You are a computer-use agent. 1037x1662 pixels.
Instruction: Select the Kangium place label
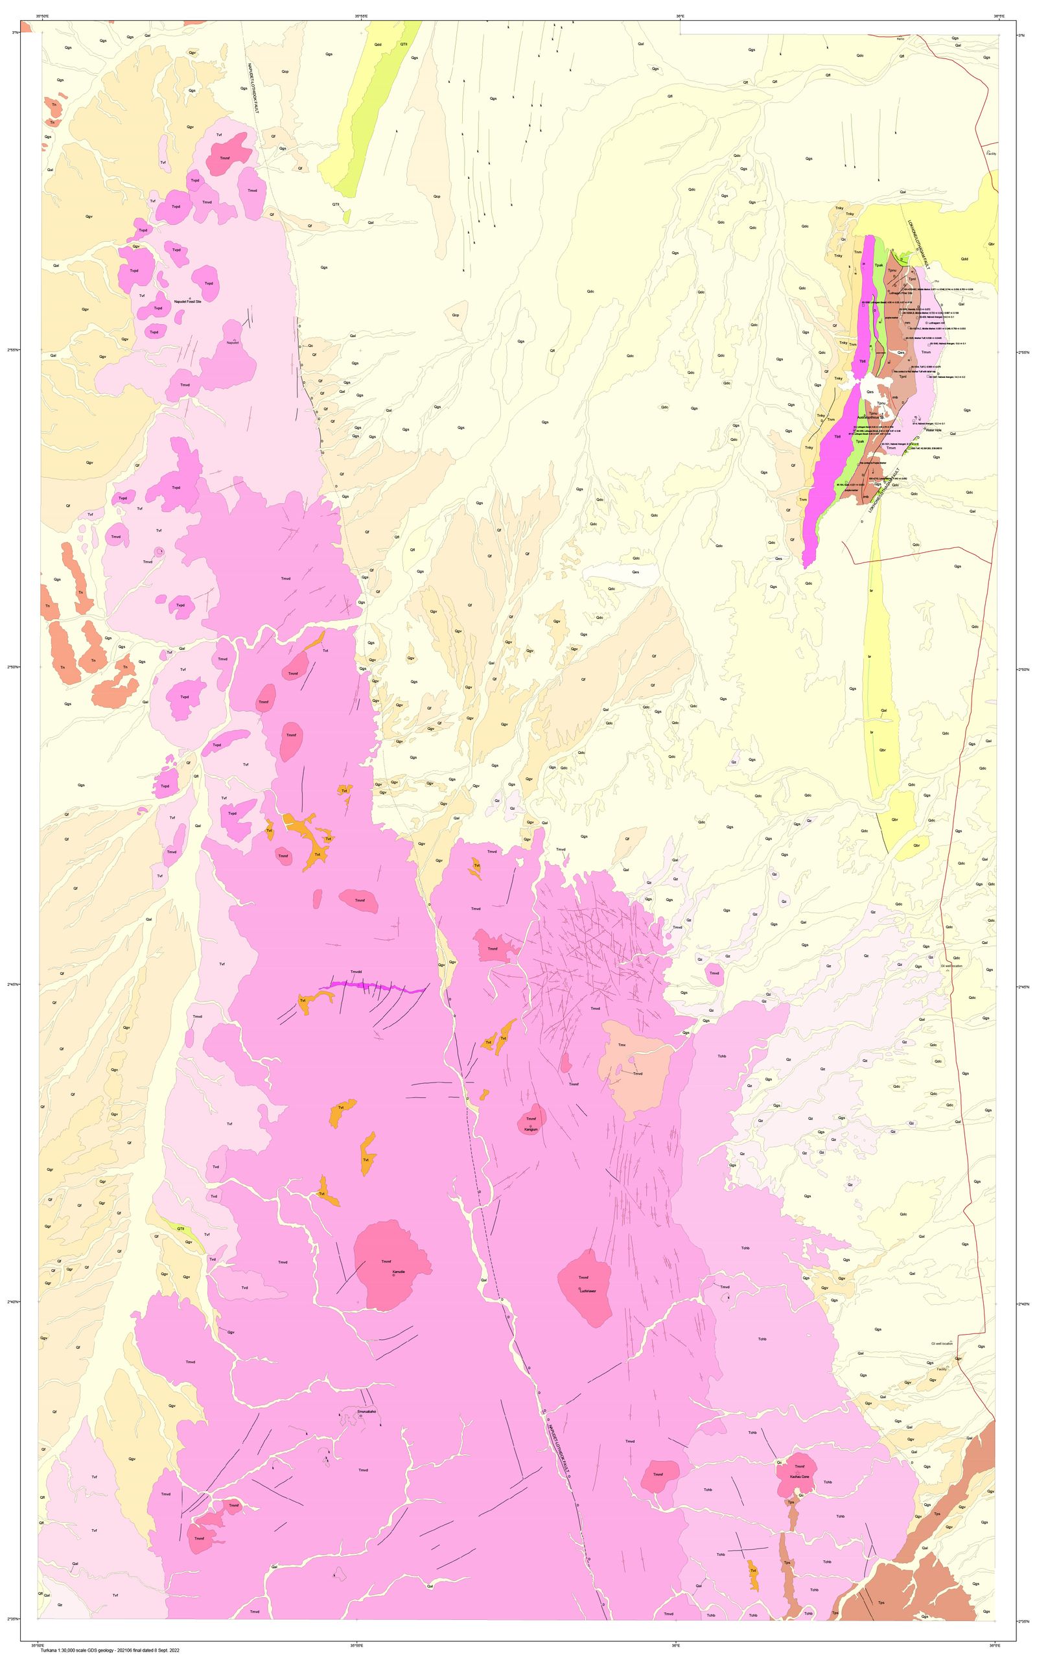pos(528,1129)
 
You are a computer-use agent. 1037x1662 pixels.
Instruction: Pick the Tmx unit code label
pos(622,1045)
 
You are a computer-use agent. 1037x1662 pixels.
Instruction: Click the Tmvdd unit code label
pos(356,971)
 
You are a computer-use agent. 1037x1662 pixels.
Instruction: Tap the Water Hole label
pos(933,430)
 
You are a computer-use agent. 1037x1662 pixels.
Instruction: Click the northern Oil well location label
pos(951,965)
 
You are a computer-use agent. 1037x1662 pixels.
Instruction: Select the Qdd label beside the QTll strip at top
pos(378,44)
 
